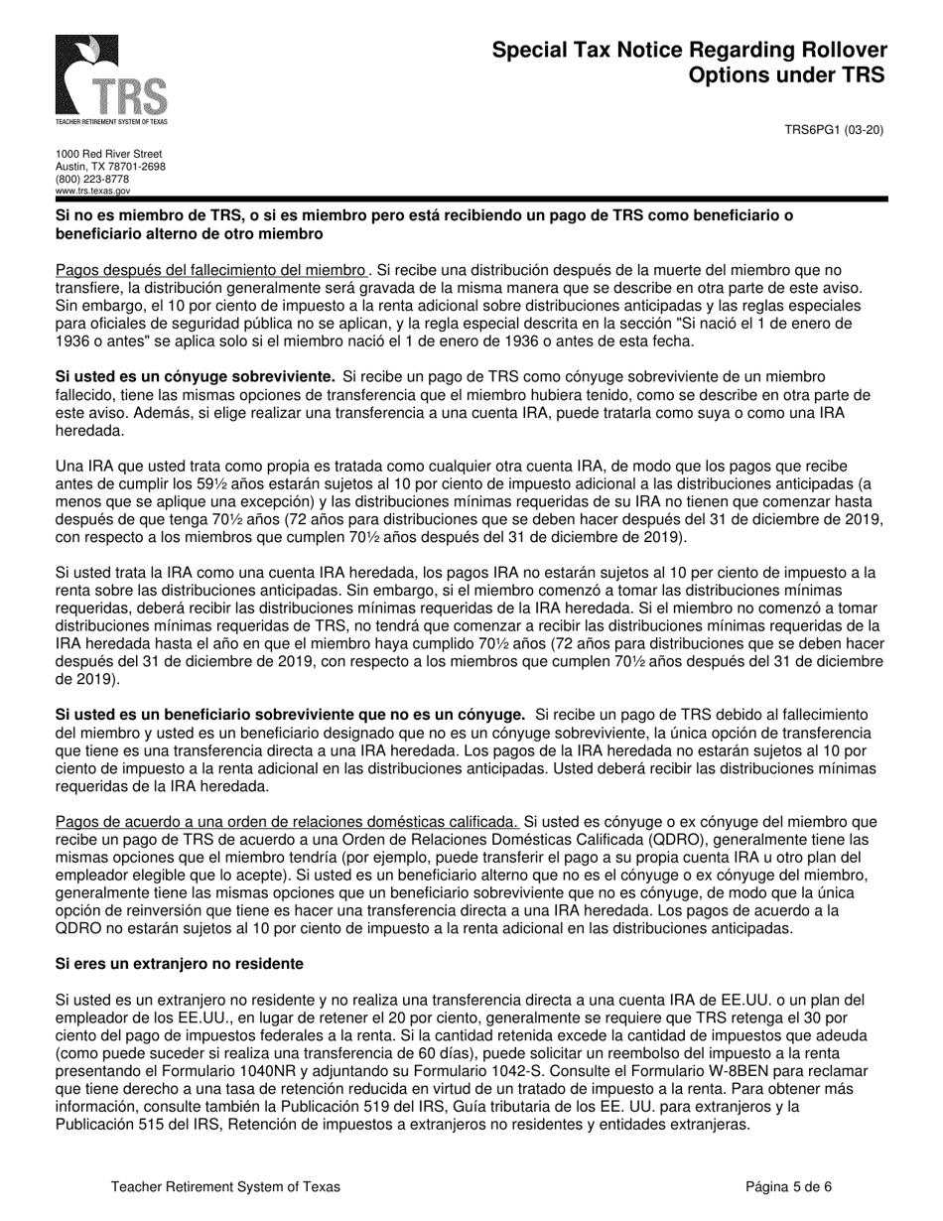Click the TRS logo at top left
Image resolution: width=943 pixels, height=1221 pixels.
tap(111, 78)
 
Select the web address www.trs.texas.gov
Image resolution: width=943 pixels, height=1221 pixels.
tap(93, 190)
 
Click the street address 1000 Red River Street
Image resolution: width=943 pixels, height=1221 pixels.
tap(108, 154)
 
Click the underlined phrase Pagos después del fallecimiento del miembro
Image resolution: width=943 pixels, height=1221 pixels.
tap(210, 270)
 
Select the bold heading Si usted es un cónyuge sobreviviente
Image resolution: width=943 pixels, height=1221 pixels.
tap(196, 376)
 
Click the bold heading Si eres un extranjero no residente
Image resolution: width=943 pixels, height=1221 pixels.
tap(180, 964)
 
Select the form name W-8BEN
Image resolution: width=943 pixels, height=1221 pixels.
tap(728, 1072)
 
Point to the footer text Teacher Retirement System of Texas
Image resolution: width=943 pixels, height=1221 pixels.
tap(225, 1186)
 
